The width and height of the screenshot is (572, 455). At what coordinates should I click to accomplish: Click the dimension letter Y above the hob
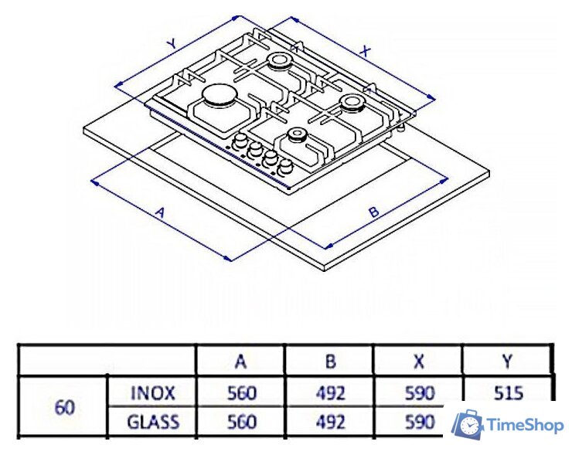(x=172, y=44)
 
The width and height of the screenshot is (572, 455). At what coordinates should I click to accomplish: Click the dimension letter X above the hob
(x=365, y=52)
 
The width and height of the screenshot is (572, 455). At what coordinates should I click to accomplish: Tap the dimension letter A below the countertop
(x=160, y=212)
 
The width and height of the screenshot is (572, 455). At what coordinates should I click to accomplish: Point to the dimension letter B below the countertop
(x=374, y=212)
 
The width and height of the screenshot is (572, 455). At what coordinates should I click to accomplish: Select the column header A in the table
(x=240, y=361)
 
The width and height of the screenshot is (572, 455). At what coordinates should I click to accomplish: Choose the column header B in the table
(x=330, y=361)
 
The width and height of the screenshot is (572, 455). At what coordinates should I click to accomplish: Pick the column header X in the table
(x=419, y=361)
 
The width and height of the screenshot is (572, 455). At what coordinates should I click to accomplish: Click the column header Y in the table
(x=507, y=361)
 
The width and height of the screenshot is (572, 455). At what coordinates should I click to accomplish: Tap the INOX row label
(x=153, y=393)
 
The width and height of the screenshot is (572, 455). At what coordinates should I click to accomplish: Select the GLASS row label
(x=153, y=423)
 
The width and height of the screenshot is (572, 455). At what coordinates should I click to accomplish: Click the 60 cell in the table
(x=65, y=408)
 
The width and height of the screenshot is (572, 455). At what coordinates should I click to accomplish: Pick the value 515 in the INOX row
(x=509, y=393)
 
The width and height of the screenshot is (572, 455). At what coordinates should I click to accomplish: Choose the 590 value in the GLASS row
(x=420, y=423)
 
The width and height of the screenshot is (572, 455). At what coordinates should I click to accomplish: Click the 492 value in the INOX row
(x=331, y=393)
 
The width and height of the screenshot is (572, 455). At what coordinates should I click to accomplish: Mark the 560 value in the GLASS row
(x=242, y=423)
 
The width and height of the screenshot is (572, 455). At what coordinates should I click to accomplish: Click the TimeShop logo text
(x=526, y=425)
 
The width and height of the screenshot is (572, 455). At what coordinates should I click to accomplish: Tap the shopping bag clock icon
(x=468, y=423)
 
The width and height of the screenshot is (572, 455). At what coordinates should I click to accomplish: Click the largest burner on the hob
(x=217, y=95)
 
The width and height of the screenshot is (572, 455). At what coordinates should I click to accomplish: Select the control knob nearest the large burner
(x=240, y=140)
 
